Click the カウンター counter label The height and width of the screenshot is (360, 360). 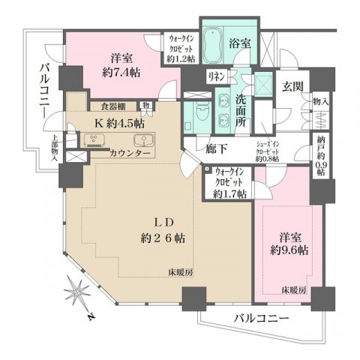(x=130, y=154)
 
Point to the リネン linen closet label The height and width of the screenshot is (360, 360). (x=215, y=76)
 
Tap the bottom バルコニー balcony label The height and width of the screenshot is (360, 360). (x=259, y=317)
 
